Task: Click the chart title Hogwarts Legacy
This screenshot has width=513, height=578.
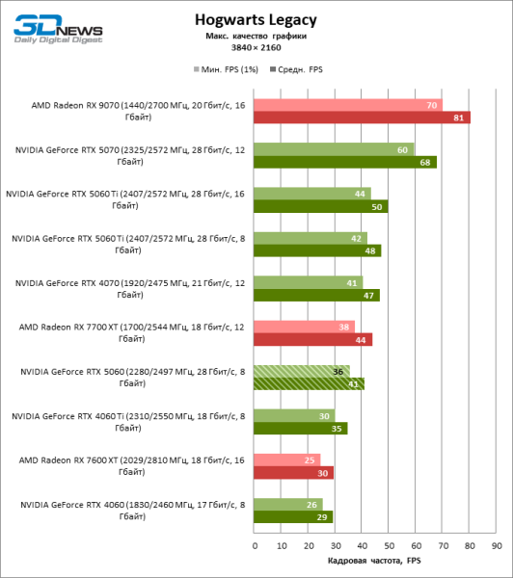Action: (x=256, y=18)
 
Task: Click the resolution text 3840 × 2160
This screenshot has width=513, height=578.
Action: (x=256, y=47)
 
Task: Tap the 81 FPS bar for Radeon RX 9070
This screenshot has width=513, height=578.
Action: (x=362, y=118)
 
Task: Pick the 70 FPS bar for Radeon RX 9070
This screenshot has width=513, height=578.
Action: (x=347, y=104)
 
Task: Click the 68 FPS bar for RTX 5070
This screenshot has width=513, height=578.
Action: (x=344, y=162)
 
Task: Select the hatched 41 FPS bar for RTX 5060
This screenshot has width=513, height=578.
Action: (x=309, y=383)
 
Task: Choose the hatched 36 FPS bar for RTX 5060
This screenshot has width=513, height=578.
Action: (x=302, y=370)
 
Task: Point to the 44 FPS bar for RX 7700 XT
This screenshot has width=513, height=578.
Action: (x=312, y=339)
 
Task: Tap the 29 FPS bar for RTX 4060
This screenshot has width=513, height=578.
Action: (x=292, y=517)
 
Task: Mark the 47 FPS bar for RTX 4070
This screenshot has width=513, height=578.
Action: (x=316, y=295)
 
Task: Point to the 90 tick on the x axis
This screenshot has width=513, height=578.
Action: (x=496, y=546)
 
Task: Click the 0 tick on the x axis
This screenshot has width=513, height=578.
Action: (x=255, y=546)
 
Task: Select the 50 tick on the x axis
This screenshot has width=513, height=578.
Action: (x=389, y=546)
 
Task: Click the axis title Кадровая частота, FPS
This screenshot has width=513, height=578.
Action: (x=374, y=560)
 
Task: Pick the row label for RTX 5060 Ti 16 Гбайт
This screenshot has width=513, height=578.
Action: (x=126, y=199)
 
